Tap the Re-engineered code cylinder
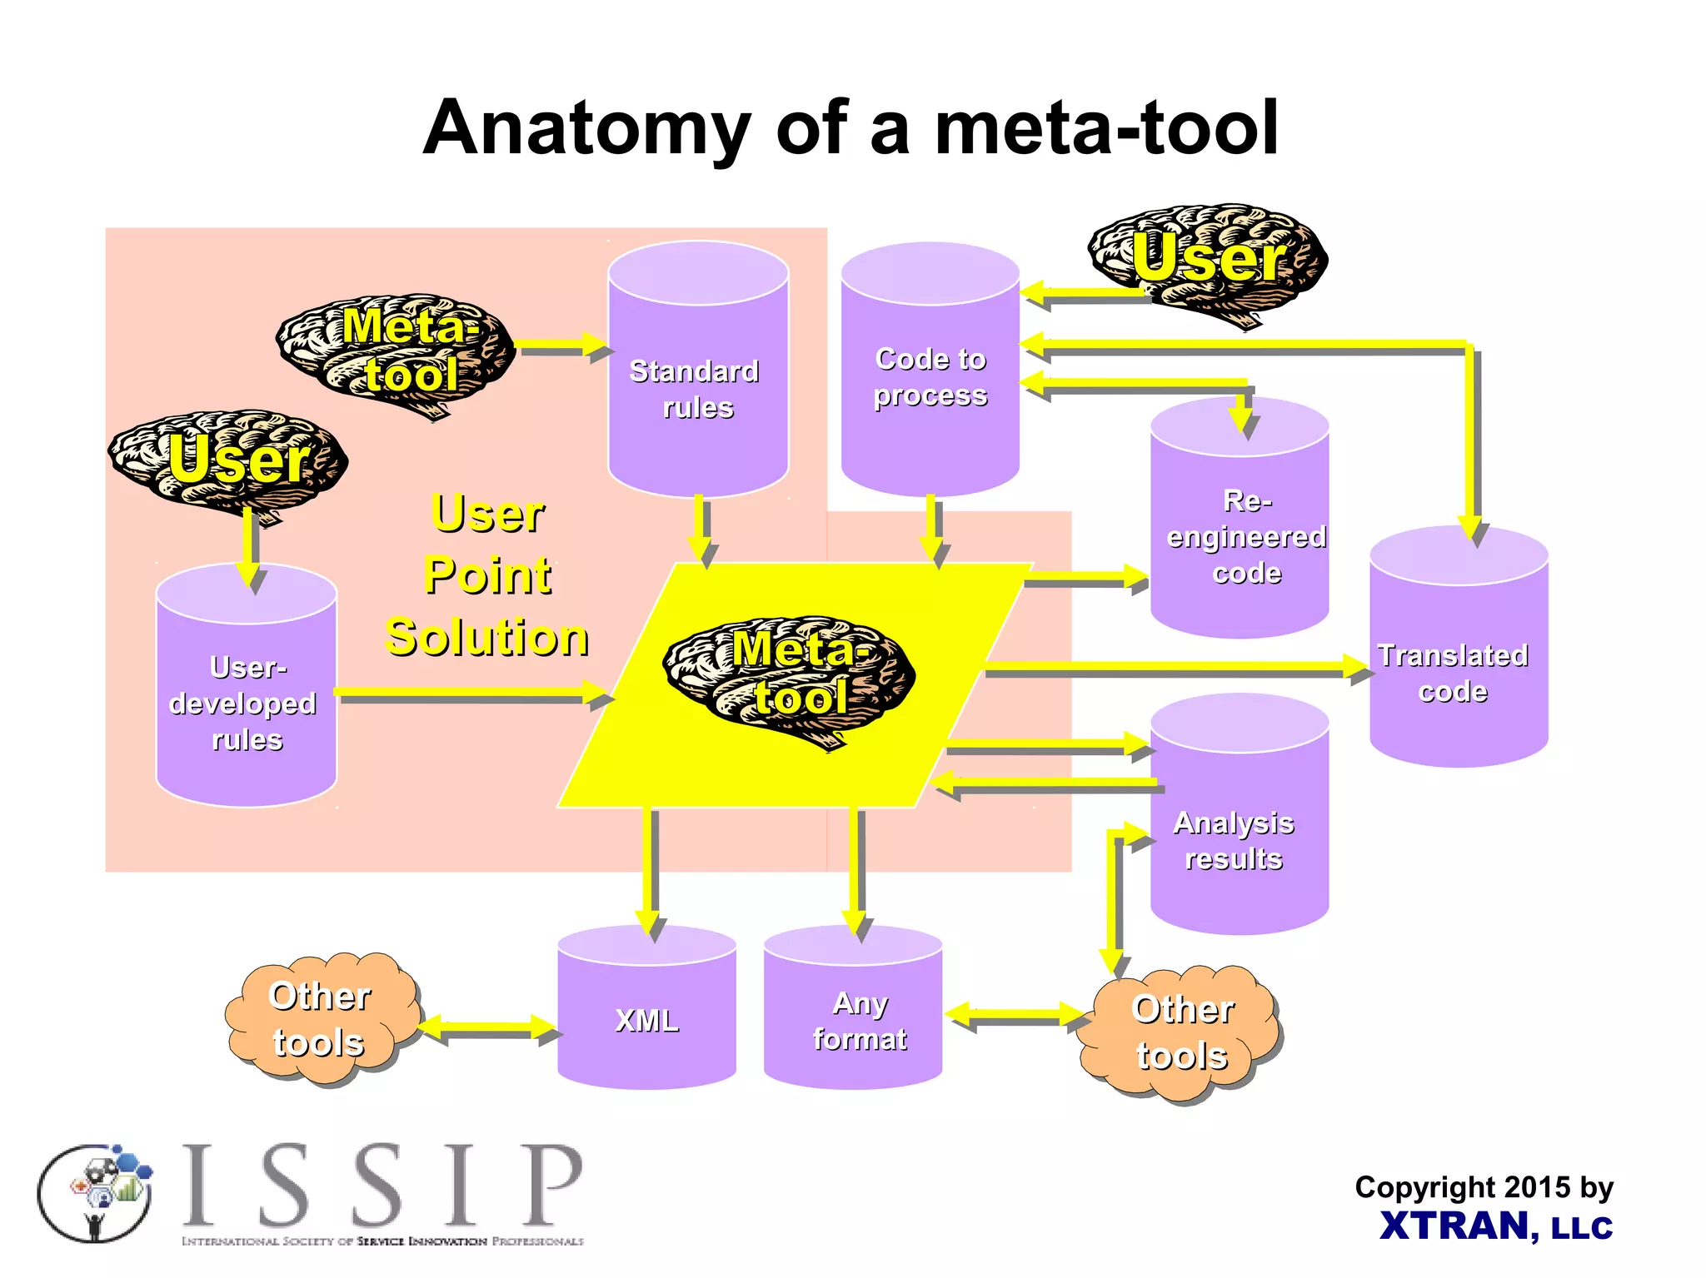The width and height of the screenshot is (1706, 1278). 1240,533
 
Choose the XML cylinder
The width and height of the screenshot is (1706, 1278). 646,1016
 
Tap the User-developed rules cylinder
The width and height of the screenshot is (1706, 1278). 247,699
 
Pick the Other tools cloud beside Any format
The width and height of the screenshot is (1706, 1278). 1180,1032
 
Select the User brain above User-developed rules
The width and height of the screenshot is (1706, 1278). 230,462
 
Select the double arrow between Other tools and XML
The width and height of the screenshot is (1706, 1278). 488,1029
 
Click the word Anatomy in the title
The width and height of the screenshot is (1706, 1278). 587,129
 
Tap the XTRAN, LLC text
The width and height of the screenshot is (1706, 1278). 1495,1226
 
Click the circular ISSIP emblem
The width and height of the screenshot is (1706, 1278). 95,1192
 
